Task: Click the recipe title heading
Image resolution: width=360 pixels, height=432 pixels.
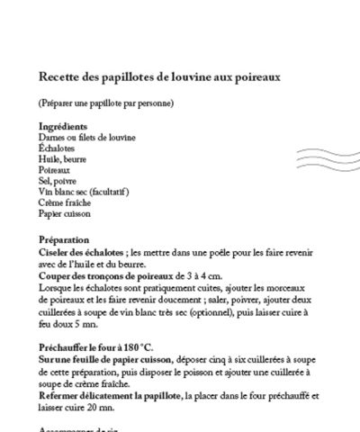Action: (160, 77)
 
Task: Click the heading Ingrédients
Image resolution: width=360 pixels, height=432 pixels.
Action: (63, 127)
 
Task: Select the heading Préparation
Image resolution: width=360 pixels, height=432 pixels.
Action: (65, 240)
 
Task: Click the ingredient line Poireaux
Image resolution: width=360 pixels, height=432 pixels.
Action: (56, 169)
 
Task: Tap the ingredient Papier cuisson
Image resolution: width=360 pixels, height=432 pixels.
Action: (65, 213)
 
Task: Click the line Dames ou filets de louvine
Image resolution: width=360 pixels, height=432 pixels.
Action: (88, 137)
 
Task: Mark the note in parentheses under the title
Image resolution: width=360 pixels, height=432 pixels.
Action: (106, 102)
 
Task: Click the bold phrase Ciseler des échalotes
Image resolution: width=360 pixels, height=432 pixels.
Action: (82, 253)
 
